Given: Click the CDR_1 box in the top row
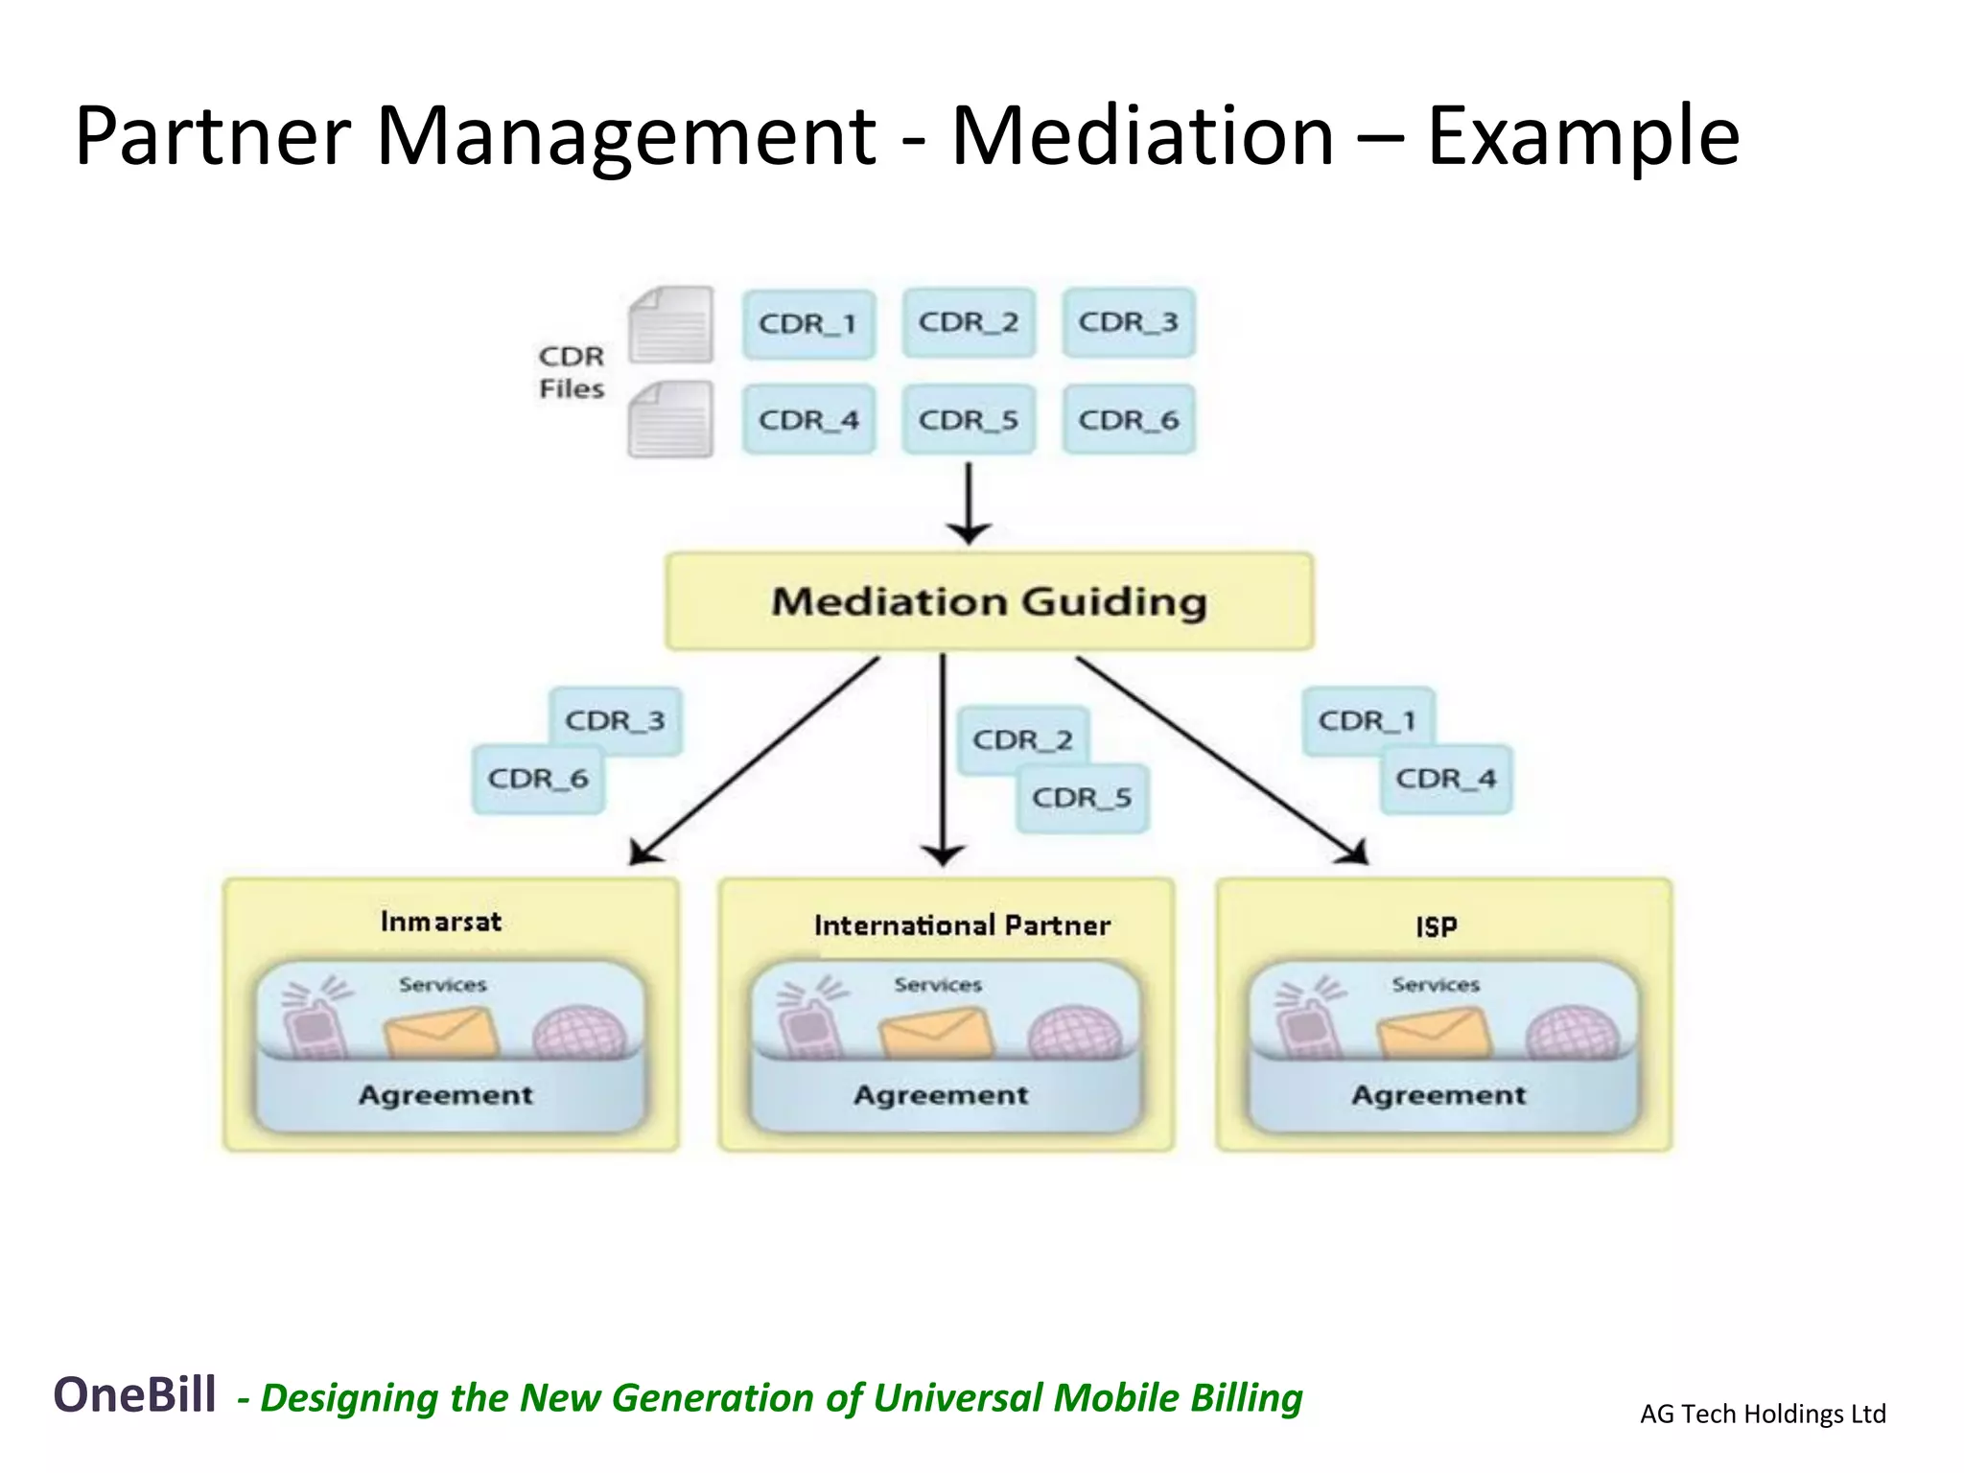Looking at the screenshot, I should (x=808, y=324).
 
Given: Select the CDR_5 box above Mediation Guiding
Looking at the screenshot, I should (x=969, y=420).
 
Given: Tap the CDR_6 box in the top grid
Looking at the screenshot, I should (x=1129, y=420).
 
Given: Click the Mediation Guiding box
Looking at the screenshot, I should (x=989, y=601).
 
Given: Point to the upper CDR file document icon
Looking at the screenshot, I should (x=671, y=325).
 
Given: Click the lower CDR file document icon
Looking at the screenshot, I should (x=671, y=420).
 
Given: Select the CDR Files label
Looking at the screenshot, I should (x=572, y=372).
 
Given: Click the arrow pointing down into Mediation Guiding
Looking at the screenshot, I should (x=969, y=503).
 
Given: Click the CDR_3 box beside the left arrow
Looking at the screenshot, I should (x=615, y=720).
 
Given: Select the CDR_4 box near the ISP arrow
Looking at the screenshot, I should (x=1446, y=779).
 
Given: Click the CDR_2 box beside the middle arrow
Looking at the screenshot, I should (x=1022, y=739).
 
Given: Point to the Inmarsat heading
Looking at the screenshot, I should (x=441, y=922).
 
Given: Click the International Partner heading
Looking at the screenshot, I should (x=962, y=925).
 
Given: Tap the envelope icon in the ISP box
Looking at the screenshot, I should (x=1435, y=1034).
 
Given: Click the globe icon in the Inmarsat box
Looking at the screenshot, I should (x=579, y=1034).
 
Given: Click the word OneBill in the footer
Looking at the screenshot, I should (x=134, y=1394).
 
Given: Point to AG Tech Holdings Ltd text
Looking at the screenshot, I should (x=1763, y=1414).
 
